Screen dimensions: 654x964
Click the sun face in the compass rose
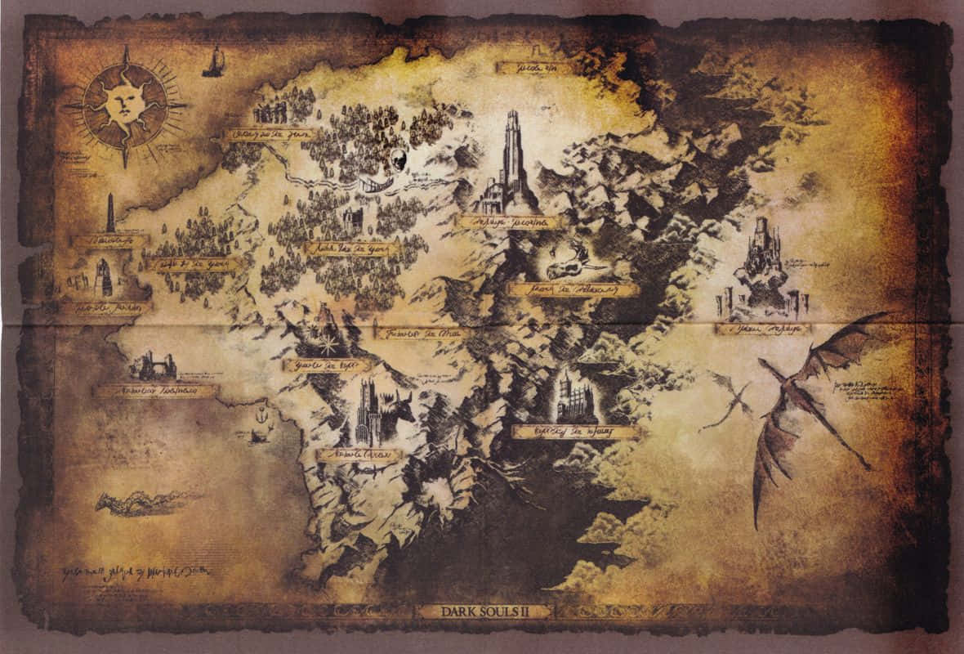pos(124,104)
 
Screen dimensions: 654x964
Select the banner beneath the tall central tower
pos(510,222)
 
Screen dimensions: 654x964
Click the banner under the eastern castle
pos(763,329)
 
